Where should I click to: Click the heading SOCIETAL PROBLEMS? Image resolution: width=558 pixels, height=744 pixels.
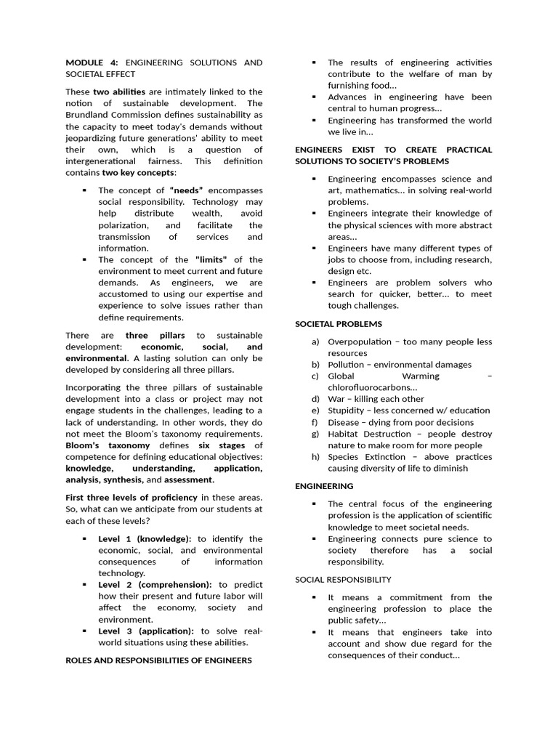[x=338, y=323]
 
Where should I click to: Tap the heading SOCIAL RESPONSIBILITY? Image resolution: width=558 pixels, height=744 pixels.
[x=343, y=579]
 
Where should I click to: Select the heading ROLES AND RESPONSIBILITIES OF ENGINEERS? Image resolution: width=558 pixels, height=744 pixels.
[x=158, y=660]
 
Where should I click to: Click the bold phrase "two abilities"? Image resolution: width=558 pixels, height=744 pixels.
[x=119, y=92]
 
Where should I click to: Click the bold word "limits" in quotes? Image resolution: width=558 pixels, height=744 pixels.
[x=211, y=259]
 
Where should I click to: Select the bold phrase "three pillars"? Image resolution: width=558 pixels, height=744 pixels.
[x=155, y=335]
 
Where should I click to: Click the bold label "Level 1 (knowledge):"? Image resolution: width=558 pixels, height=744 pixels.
[x=145, y=538]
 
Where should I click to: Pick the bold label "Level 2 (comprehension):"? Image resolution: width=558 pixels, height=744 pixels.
[x=155, y=584]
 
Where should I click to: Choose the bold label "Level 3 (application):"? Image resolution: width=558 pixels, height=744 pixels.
[x=146, y=631]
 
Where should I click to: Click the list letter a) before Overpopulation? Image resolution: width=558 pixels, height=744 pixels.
[x=315, y=341]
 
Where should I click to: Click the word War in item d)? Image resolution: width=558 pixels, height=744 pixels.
[x=336, y=399]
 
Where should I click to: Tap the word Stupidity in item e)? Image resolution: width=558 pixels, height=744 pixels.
[x=349, y=411]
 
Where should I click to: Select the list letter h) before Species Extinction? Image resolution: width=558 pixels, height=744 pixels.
[x=315, y=457]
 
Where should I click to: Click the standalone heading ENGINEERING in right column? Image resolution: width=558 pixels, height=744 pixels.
[x=324, y=485]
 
